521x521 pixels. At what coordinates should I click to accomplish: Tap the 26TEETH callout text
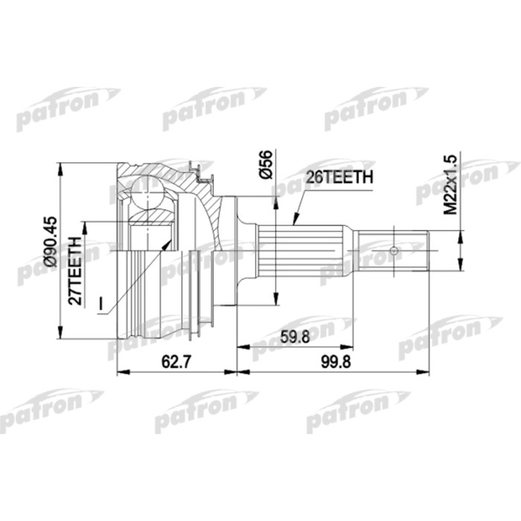tap(339, 178)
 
